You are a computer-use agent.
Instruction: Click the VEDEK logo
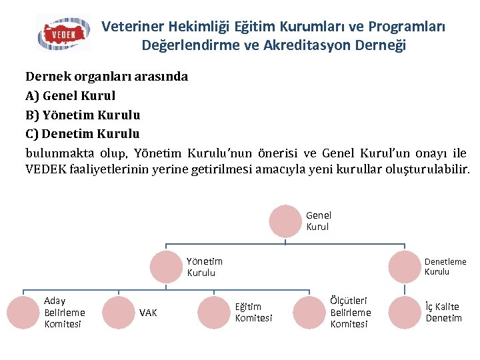point(63,33)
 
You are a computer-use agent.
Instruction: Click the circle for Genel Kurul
point(286,221)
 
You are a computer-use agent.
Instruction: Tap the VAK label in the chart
point(148,313)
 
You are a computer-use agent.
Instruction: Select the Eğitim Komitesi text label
point(253,313)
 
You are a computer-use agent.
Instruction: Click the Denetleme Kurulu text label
point(445,267)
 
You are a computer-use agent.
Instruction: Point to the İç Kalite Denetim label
point(443,313)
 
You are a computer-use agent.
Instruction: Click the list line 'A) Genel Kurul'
point(70,95)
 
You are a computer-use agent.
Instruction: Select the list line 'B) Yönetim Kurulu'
point(83,115)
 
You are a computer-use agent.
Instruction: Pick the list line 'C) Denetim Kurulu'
point(82,134)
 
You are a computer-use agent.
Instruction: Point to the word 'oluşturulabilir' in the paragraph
point(427,169)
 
